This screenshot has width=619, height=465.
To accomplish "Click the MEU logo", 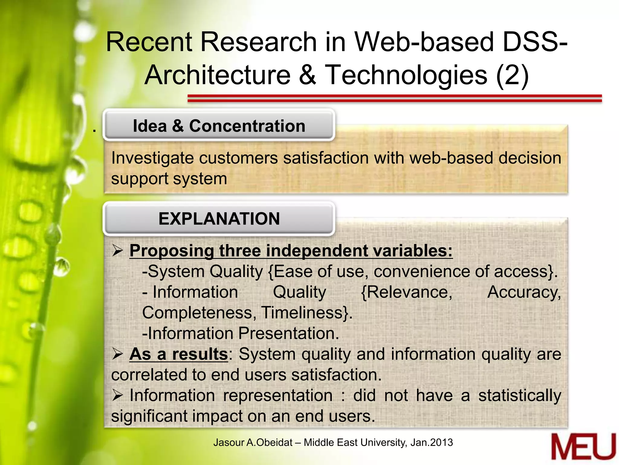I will (x=583, y=447).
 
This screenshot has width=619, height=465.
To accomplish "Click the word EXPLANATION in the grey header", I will (x=219, y=219).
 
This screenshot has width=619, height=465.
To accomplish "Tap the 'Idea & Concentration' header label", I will (x=219, y=126).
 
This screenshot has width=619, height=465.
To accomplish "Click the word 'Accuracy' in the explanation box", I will (x=523, y=292).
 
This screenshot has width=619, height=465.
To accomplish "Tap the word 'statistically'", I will (x=520, y=396).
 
